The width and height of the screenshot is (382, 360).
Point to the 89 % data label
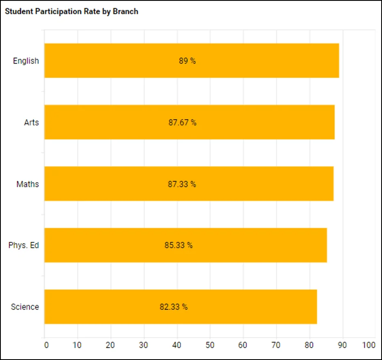[x=187, y=61]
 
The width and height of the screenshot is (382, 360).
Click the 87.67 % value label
[x=182, y=123]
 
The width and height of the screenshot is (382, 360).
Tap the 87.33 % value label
[x=182, y=184]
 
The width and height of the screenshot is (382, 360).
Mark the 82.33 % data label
[x=174, y=307]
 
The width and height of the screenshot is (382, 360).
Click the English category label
[x=26, y=61]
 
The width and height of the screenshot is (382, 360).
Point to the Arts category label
[x=31, y=123]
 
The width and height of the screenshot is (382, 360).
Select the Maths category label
[x=28, y=184]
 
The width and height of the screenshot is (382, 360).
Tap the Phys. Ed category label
[x=24, y=246]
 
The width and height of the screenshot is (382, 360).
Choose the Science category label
[x=25, y=307]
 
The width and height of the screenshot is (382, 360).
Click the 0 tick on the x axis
[x=46, y=345]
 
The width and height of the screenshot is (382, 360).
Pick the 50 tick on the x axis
[x=210, y=345]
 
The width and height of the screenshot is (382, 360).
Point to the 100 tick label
[x=369, y=345]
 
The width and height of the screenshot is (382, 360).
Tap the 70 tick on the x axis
[x=276, y=345]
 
